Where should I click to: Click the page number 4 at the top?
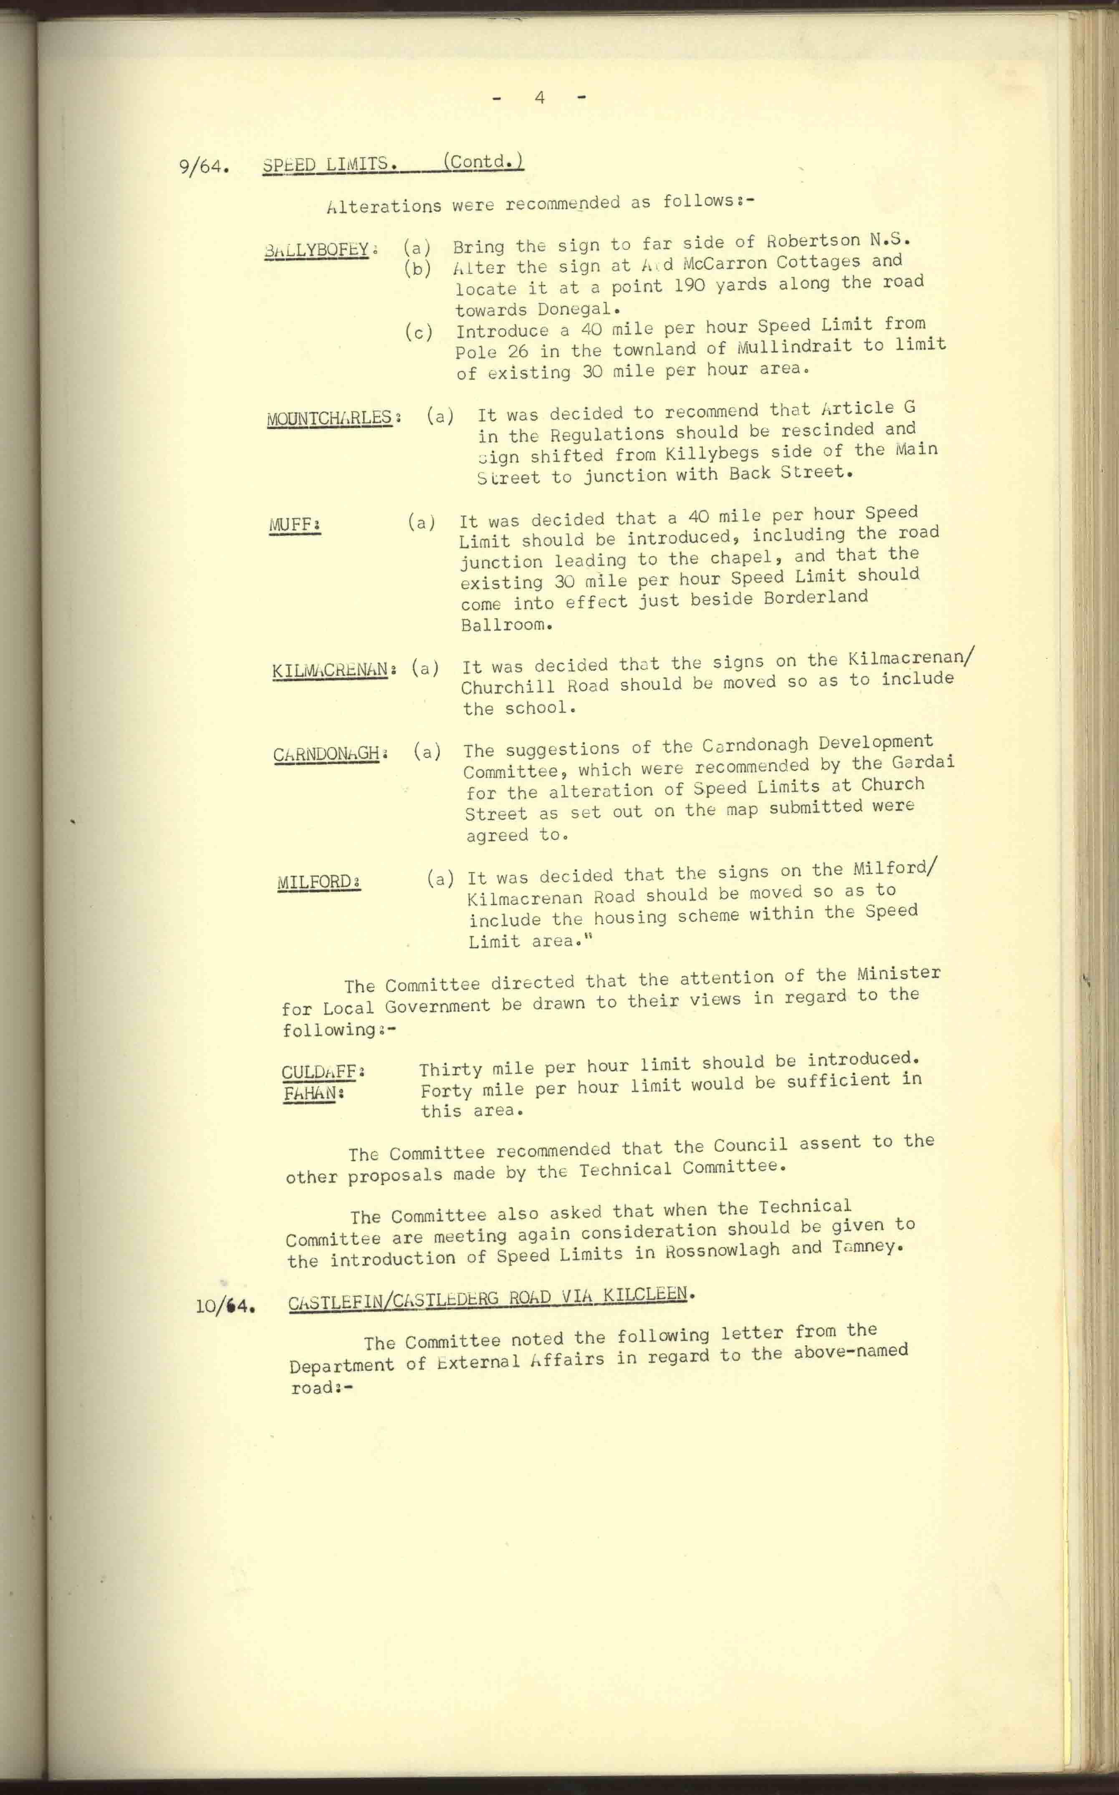[x=540, y=97]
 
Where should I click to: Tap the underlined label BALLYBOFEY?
[x=316, y=249]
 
